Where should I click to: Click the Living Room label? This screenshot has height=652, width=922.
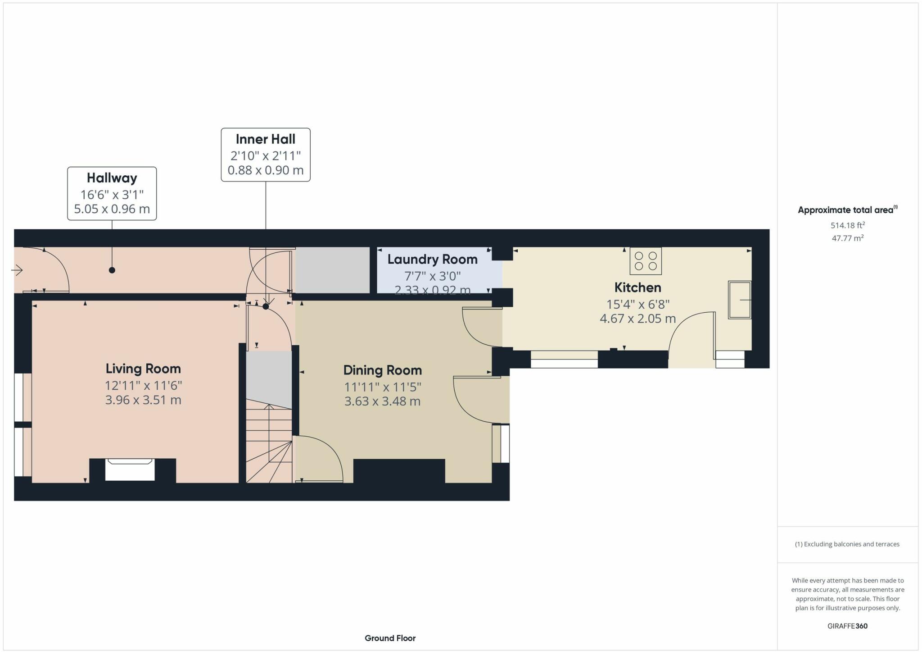[143, 369]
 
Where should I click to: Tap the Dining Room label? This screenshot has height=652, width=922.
[383, 370]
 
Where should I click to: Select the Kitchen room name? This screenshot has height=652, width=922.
[638, 287]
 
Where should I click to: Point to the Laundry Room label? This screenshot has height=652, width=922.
[433, 260]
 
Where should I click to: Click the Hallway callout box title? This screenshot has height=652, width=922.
[112, 178]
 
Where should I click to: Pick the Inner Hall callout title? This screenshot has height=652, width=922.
[266, 139]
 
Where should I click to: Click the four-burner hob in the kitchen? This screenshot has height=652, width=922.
[646, 261]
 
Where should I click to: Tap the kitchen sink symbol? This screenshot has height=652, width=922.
[740, 300]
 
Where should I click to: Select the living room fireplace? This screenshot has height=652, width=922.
[130, 470]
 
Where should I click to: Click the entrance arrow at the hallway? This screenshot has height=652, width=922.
[17, 270]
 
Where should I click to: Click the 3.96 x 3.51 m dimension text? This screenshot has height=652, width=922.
[143, 400]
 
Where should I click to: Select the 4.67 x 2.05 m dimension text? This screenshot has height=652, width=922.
[638, 319]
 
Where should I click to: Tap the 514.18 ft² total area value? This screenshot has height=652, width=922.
[848, 225]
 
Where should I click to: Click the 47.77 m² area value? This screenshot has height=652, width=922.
[848, 238]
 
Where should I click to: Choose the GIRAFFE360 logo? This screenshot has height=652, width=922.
[847, 626]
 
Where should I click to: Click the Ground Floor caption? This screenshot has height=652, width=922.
[390, 638]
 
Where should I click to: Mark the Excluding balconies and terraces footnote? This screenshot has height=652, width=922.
[847, 544]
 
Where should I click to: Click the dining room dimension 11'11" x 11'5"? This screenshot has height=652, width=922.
[383, 387]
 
